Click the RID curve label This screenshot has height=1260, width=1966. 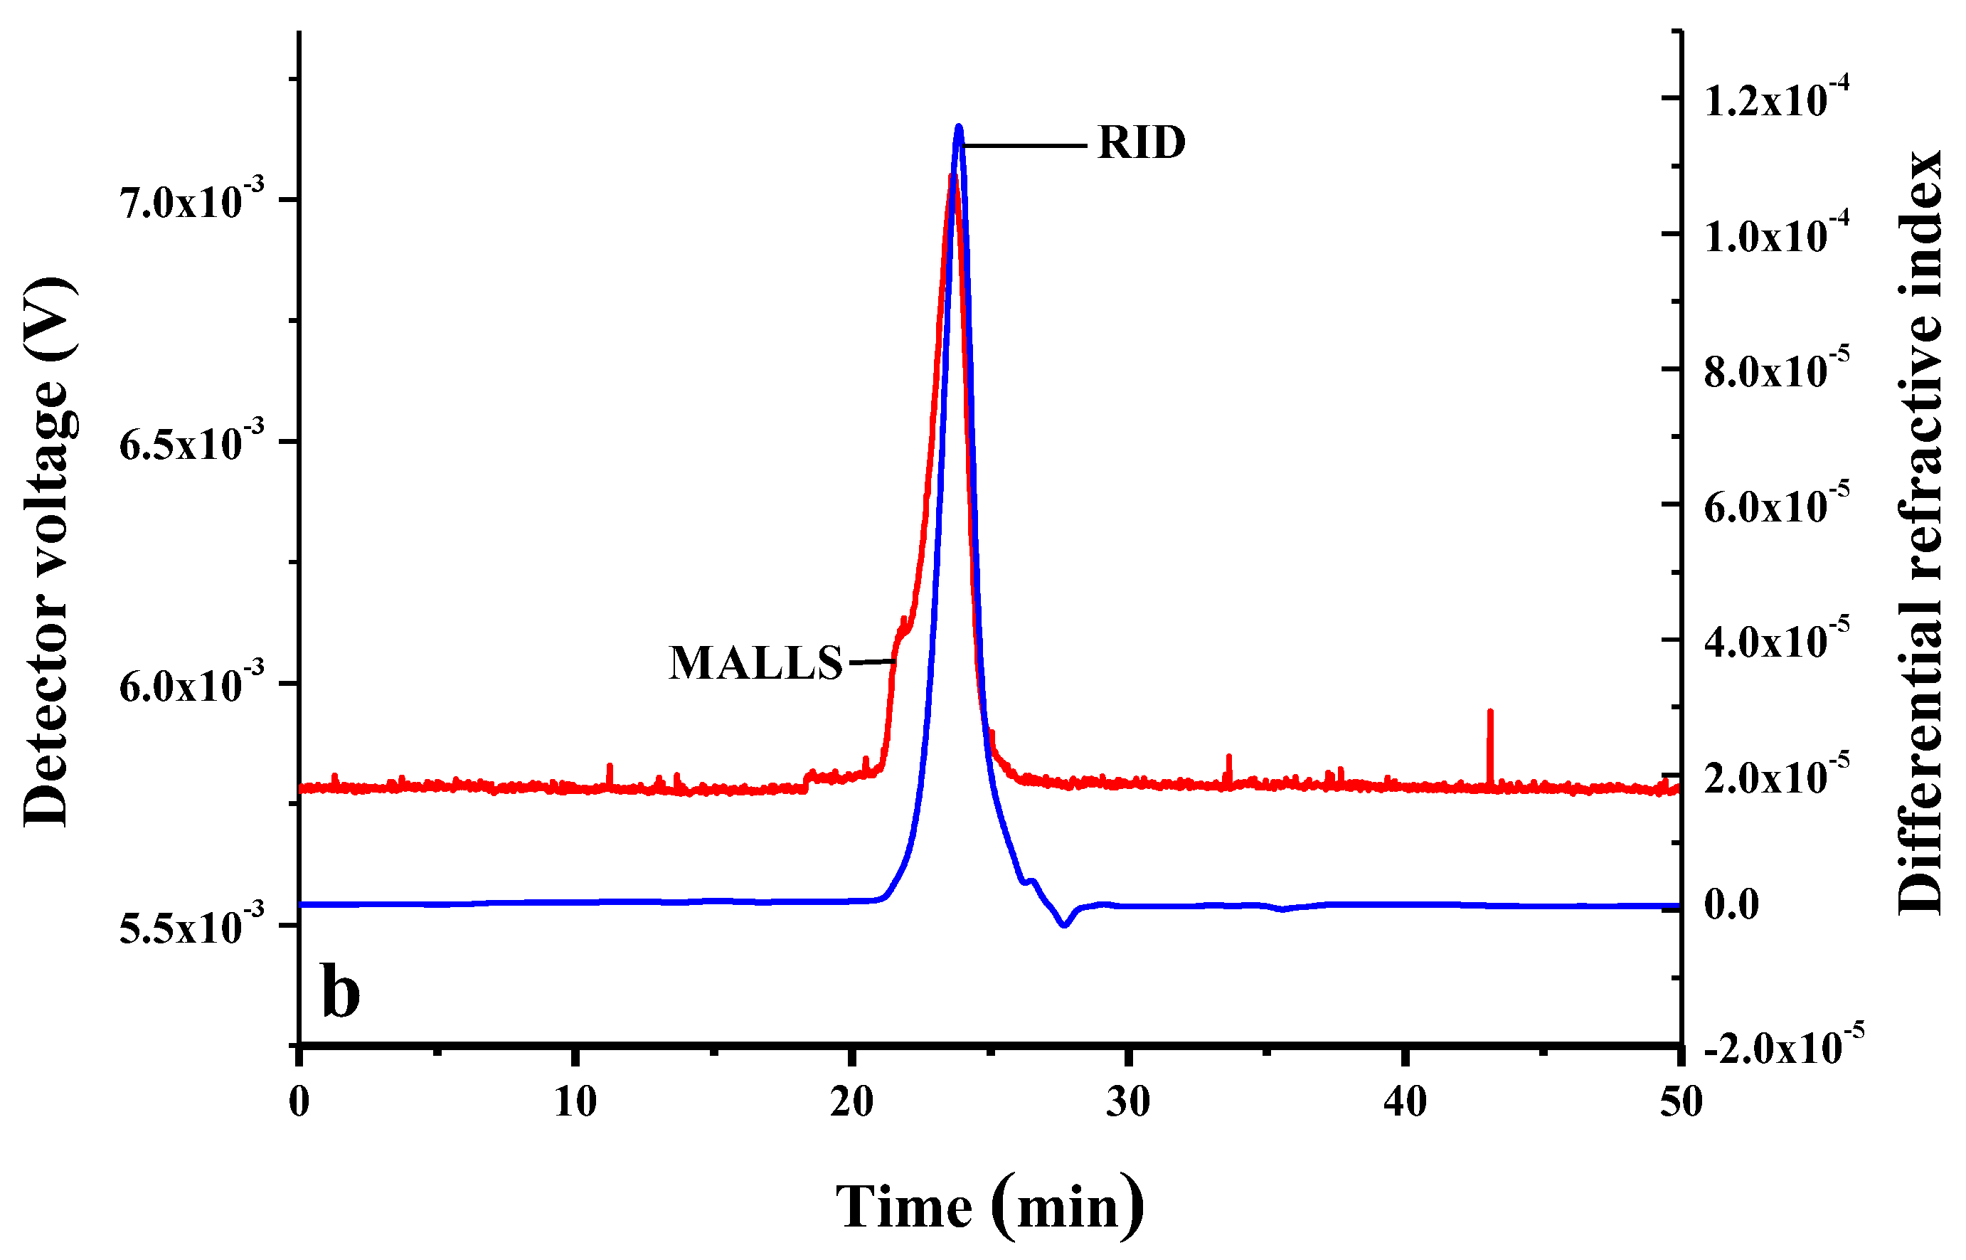pyautogui.click(x=1141, y=143)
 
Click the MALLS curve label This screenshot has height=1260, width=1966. pyautogui.click(x=755, y=663)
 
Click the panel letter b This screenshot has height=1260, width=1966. pyautogui.click(x=340, y=992)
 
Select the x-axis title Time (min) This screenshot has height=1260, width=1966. pyautogui.click(x=989, y=1207)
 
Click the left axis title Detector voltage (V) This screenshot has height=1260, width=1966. pyautogui.click(x=48, y=552)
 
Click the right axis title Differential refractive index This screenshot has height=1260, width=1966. pyautogui.click(x=1918, y=532)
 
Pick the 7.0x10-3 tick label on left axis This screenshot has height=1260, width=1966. pyautogui.click(x=193, y=201)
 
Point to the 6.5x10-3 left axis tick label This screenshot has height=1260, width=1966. pyautogui.click(x=193, y=443)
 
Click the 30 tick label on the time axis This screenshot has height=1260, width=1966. pyautogui.click(x=1129, y=1103)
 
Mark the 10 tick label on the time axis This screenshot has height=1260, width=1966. pyautogui.click(x=575, y=1103)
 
